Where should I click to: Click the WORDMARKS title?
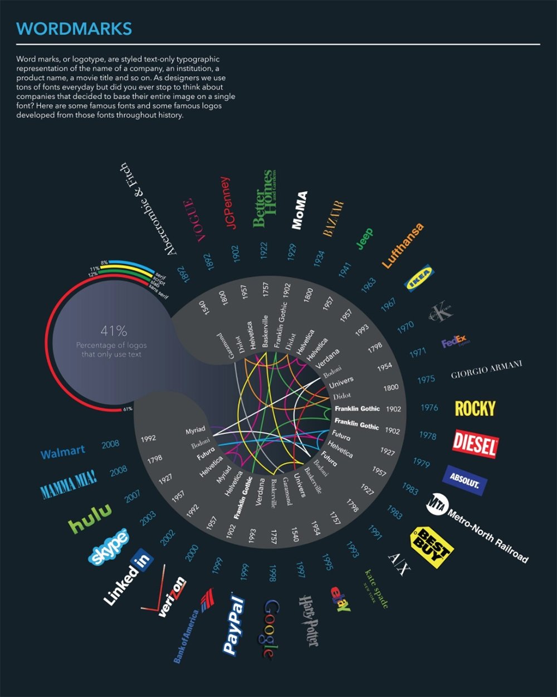point(74,28)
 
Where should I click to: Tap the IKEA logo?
point(418,278)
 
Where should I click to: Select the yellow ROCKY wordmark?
point(475,408)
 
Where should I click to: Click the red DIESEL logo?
point(475,444)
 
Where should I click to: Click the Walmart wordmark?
point(63,452)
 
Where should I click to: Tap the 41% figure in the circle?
point(114,331)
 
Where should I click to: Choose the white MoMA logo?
point(299,211)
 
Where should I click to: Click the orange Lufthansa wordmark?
point(403,245)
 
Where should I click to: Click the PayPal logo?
point(234,625)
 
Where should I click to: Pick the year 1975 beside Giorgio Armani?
point(426,379)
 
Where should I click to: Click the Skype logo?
point(109,546)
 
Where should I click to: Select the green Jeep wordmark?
point(364,239)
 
